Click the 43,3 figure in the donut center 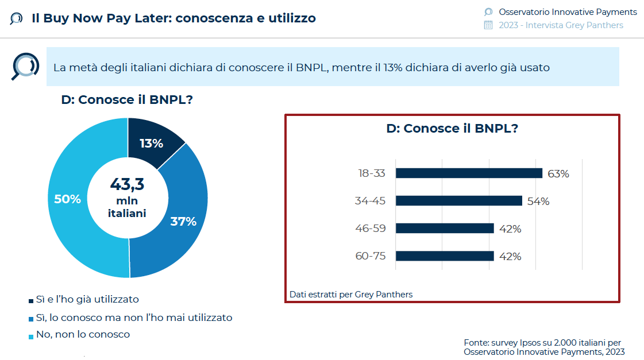tap(127, 184)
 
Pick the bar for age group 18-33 tap(469, 173)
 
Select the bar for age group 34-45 tap(458, 200)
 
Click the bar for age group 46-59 tap(445, 228)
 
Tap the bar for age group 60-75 tap(445, 256)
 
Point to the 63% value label tap(558, 173)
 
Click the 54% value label tap(538, 201)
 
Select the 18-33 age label tap(371, 173)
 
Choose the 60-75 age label tap(371, 256)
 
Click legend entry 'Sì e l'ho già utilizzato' tap(87, 299)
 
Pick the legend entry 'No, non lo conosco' tap(83, 334)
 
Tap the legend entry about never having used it tap(134, 317)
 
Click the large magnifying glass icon tap(25, 66)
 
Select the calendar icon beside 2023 tap(488, 25)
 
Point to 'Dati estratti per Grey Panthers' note tap(351, 295)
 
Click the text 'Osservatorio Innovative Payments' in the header tap(568, 11)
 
